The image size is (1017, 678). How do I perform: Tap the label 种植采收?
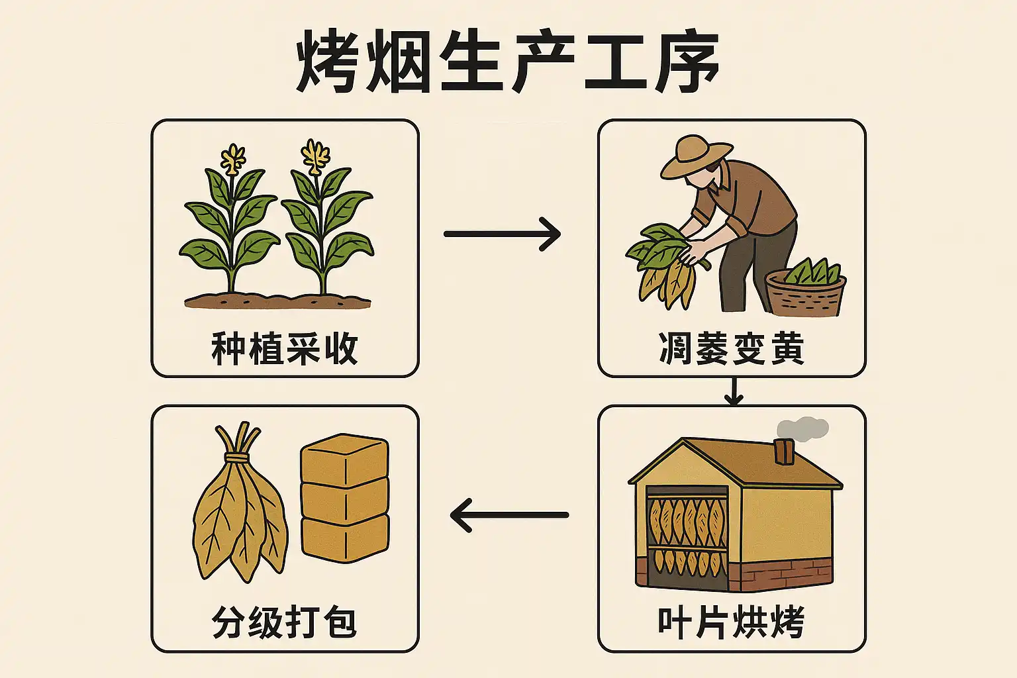(x=285, y=349)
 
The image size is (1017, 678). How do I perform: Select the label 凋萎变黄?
(x=732, y=349)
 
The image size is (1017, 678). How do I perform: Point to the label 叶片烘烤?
(x=732, y=622)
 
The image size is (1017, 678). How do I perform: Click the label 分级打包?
(x=285, y=622)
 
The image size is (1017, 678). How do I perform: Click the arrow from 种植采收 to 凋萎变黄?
(x=502, y=234)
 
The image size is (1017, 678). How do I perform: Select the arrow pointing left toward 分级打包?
(x=508, y=514)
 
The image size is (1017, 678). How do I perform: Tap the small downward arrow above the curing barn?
(x=733, y=393)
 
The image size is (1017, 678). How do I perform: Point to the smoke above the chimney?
(x=802, y=428)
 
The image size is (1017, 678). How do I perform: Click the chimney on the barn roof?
(x=784, y=452)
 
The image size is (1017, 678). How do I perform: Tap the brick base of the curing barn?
(x=788, y=573)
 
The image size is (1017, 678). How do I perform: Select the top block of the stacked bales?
(x=344, y=459)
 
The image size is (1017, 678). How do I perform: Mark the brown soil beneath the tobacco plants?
(x=278, y=301)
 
